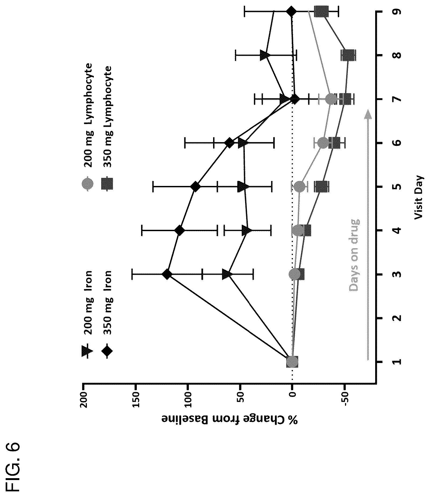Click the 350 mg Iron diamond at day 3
click(167, 274)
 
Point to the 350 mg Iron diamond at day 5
click(195, 187)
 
